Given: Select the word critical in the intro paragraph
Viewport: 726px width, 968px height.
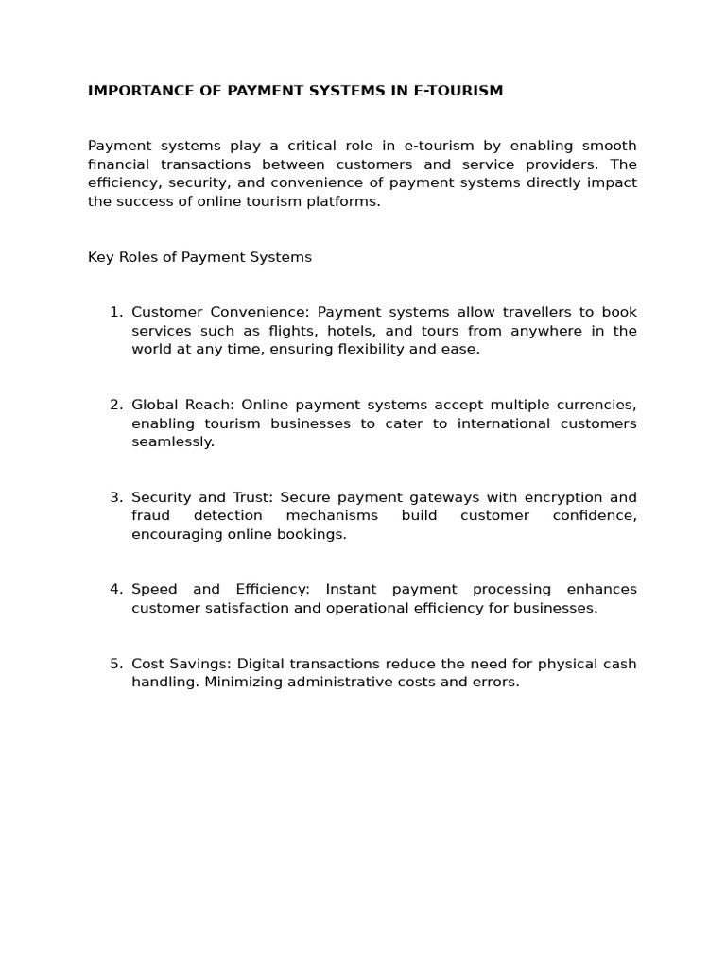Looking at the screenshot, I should point(322,146).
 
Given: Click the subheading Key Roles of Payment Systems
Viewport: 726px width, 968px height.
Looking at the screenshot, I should point(199,257).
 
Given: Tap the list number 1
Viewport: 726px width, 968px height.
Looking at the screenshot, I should point(114,313).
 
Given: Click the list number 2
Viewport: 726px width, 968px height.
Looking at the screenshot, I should point(114,406).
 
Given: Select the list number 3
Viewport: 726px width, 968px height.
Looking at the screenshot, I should point(114,497).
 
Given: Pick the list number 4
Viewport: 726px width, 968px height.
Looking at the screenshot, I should point(114,590).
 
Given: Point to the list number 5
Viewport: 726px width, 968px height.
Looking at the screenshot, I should point(114,664).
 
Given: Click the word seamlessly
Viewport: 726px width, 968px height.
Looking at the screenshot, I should point(173,442).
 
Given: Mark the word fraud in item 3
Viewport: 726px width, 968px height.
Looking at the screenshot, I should point(150,516).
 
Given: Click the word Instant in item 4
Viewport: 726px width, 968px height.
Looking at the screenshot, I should point(351,590).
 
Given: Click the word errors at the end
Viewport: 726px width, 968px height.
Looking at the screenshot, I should point(498,682).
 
